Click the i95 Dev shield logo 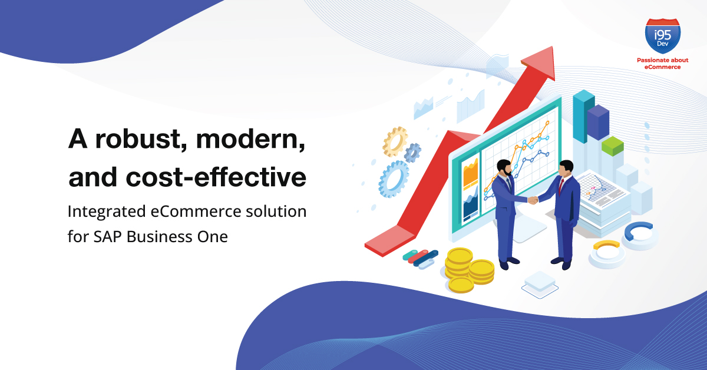(x=662, y=36)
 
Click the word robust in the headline (x=140, y=139)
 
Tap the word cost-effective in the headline (x=216, y=177)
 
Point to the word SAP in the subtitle (x=108, y=237)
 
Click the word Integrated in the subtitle (x=107, y=212)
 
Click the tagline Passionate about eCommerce (x=662, y=64)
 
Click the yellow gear (x=395, y=142)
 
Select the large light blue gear (x=394, y=179)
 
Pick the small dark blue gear (x=412, y=153)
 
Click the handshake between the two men (x=533, y=200)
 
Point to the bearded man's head (x=504, y=168)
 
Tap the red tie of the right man (x=561, y=186)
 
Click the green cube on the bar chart (x=612, y=146)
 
